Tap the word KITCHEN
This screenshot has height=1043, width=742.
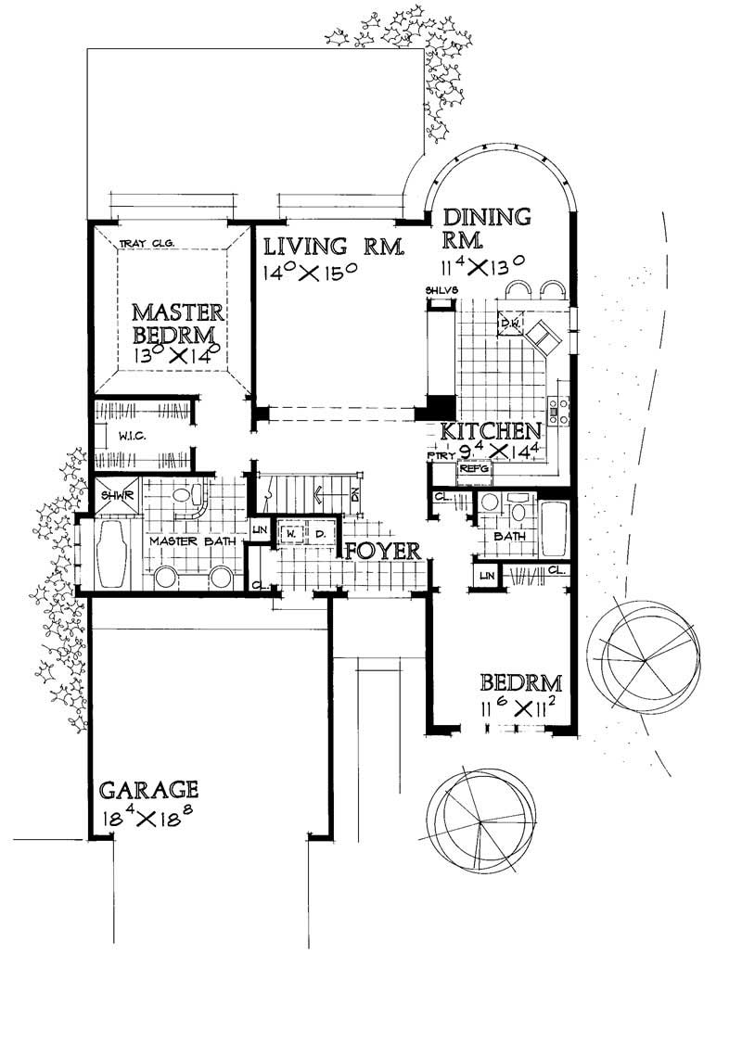tap(490, 430)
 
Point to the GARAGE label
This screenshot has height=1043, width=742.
tap(148, 790)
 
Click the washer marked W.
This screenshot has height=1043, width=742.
tap(290, 534)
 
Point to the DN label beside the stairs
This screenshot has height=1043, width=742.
tap(356, 494)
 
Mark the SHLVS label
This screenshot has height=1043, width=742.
tap(437, 292)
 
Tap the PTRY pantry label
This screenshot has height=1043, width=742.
tap(437, 456)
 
